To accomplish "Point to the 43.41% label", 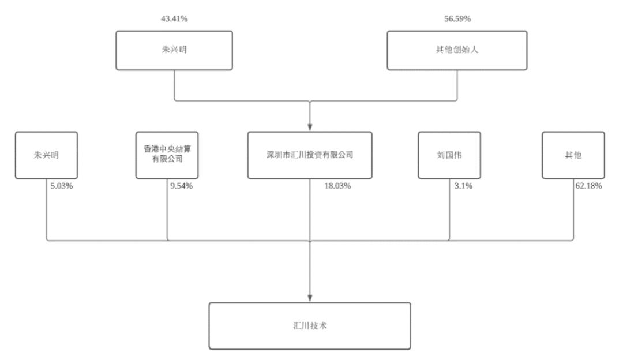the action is pyautogui.click(x=174, y=18).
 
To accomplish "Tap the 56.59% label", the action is pyautogui.click(x=457, y=18).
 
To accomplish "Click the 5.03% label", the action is pyautogui.click(x=62, y=186).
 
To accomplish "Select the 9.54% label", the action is pyautogui.click(x=182, y=186).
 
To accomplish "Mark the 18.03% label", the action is pyautogui.click(x=337, y=186).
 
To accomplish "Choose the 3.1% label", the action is pyautogui.click(x=464, y=186).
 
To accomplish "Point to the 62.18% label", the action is pyautogui.click(x=589, y=186).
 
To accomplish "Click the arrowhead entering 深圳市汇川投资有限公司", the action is pyautogui.click(x=310, y=127).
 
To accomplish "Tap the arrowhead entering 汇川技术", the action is pyautogui.click(x=310, y=298).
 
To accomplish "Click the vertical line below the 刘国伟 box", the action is pyautogui.click(x=449, y=209).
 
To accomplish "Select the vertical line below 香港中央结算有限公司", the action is pyautogui.click(x=167, y=209).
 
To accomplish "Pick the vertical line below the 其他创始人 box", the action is pyautogui.click(x=457, y=85).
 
